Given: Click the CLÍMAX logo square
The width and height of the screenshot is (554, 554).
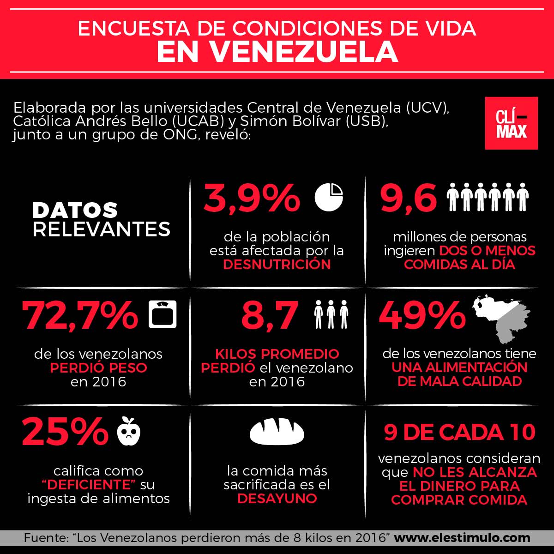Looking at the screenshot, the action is point(511,123).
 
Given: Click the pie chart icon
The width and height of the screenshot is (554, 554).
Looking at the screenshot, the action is point(329,197).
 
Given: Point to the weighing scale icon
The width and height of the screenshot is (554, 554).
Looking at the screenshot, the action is point(163,314).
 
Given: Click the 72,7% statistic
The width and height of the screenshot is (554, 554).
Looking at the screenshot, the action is point(80,316).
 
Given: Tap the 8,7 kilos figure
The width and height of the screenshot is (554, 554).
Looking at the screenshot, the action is point(270,316).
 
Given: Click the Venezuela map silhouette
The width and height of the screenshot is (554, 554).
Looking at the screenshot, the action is point(501,319).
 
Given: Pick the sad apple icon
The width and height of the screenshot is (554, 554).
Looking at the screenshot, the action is point(129,431).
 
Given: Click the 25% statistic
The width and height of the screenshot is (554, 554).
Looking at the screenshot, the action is point(65,431).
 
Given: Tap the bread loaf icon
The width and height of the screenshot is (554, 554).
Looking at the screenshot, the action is point(277,431).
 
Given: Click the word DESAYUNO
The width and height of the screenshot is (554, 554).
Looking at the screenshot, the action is point(277,499).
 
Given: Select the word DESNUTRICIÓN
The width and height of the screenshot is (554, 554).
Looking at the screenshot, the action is point(277,265).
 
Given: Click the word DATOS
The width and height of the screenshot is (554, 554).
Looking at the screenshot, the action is point(75,210).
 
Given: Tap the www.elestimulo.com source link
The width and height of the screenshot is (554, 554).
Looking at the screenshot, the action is point(462,538).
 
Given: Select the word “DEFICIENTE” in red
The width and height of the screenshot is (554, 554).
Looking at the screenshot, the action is point(89,485).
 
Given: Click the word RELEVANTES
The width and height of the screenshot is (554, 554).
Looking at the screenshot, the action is point(102,229).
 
